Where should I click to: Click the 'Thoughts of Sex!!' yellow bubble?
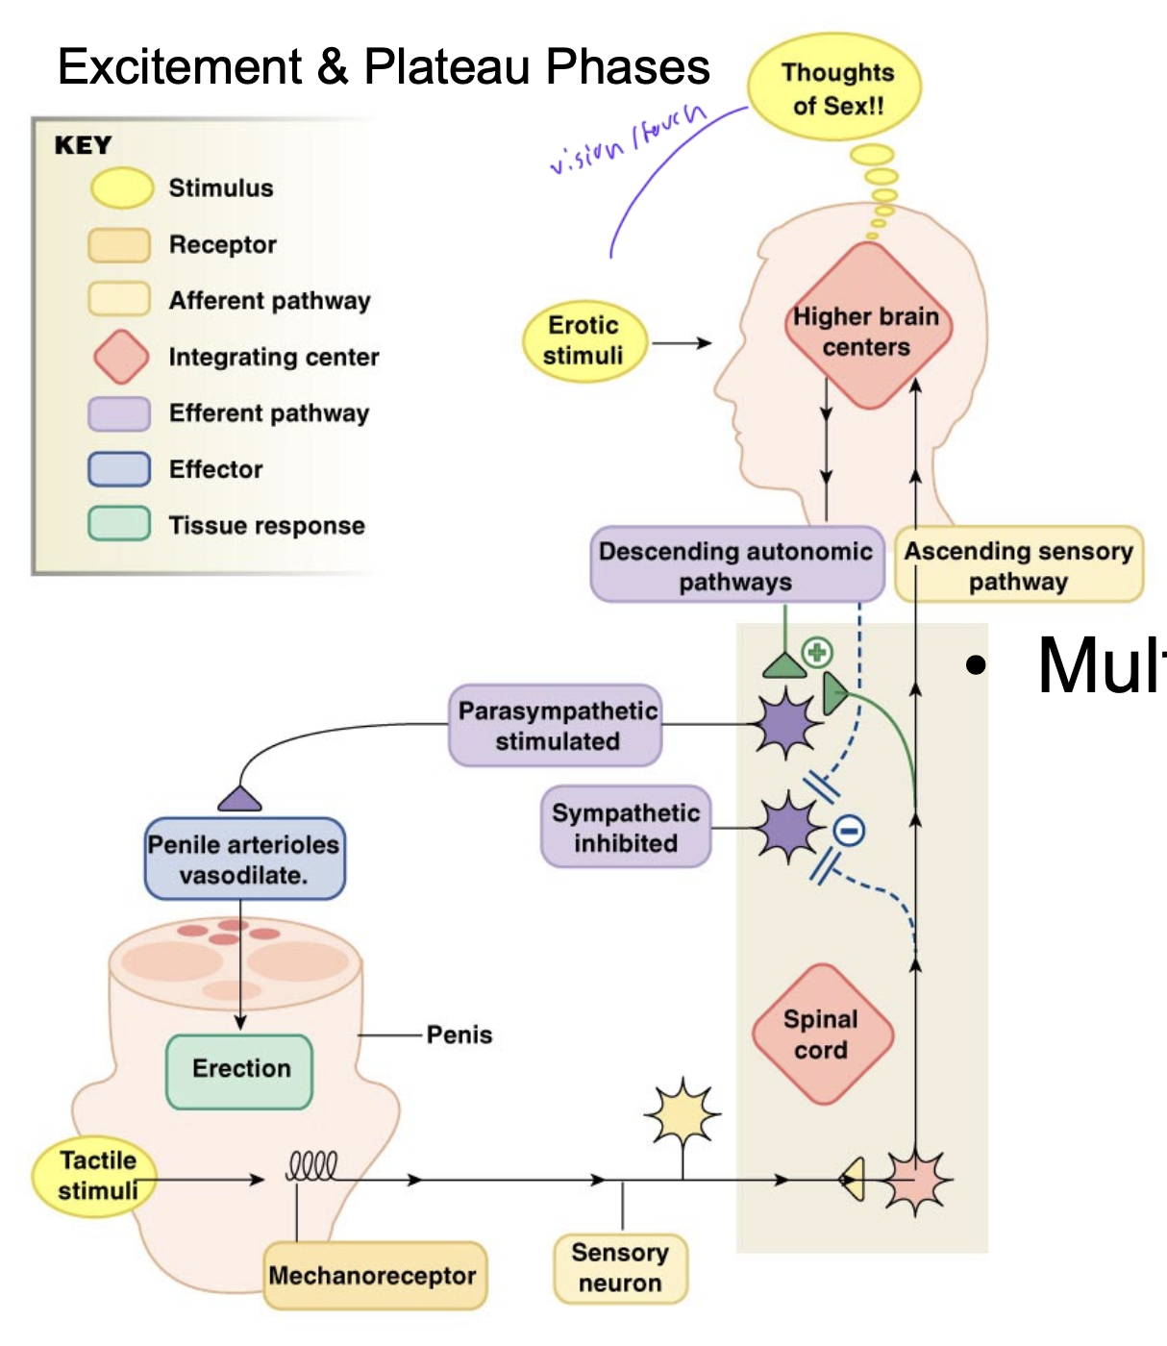(x=835, y=88)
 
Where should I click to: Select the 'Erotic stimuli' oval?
(x=583, y=341)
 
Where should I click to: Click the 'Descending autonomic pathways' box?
(x=736, y=565)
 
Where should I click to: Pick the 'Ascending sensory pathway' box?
(x=1019, y=565)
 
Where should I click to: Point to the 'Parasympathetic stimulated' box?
(x=557, y=726)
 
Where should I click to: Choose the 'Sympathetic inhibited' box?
(x=626, y=828)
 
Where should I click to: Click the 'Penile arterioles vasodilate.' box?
(x=244, y=860)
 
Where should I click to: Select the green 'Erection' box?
(x=240, y=1069)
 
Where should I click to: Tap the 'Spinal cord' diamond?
(x=821, y=1034)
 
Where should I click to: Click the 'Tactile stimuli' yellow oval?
(x=96, y=1176)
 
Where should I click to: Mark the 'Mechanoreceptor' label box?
(x=373, y=1276)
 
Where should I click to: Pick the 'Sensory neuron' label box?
(x=620, y=1268)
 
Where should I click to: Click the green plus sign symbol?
(x=817, y=654)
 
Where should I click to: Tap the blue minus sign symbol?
(x=848, y=831)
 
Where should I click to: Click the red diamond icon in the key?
(x=121, y=357)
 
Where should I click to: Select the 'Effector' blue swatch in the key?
(x=119, y=469)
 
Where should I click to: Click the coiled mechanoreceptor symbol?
(x=312, y=1166)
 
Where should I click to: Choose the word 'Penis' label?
(x=459, y=1035)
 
